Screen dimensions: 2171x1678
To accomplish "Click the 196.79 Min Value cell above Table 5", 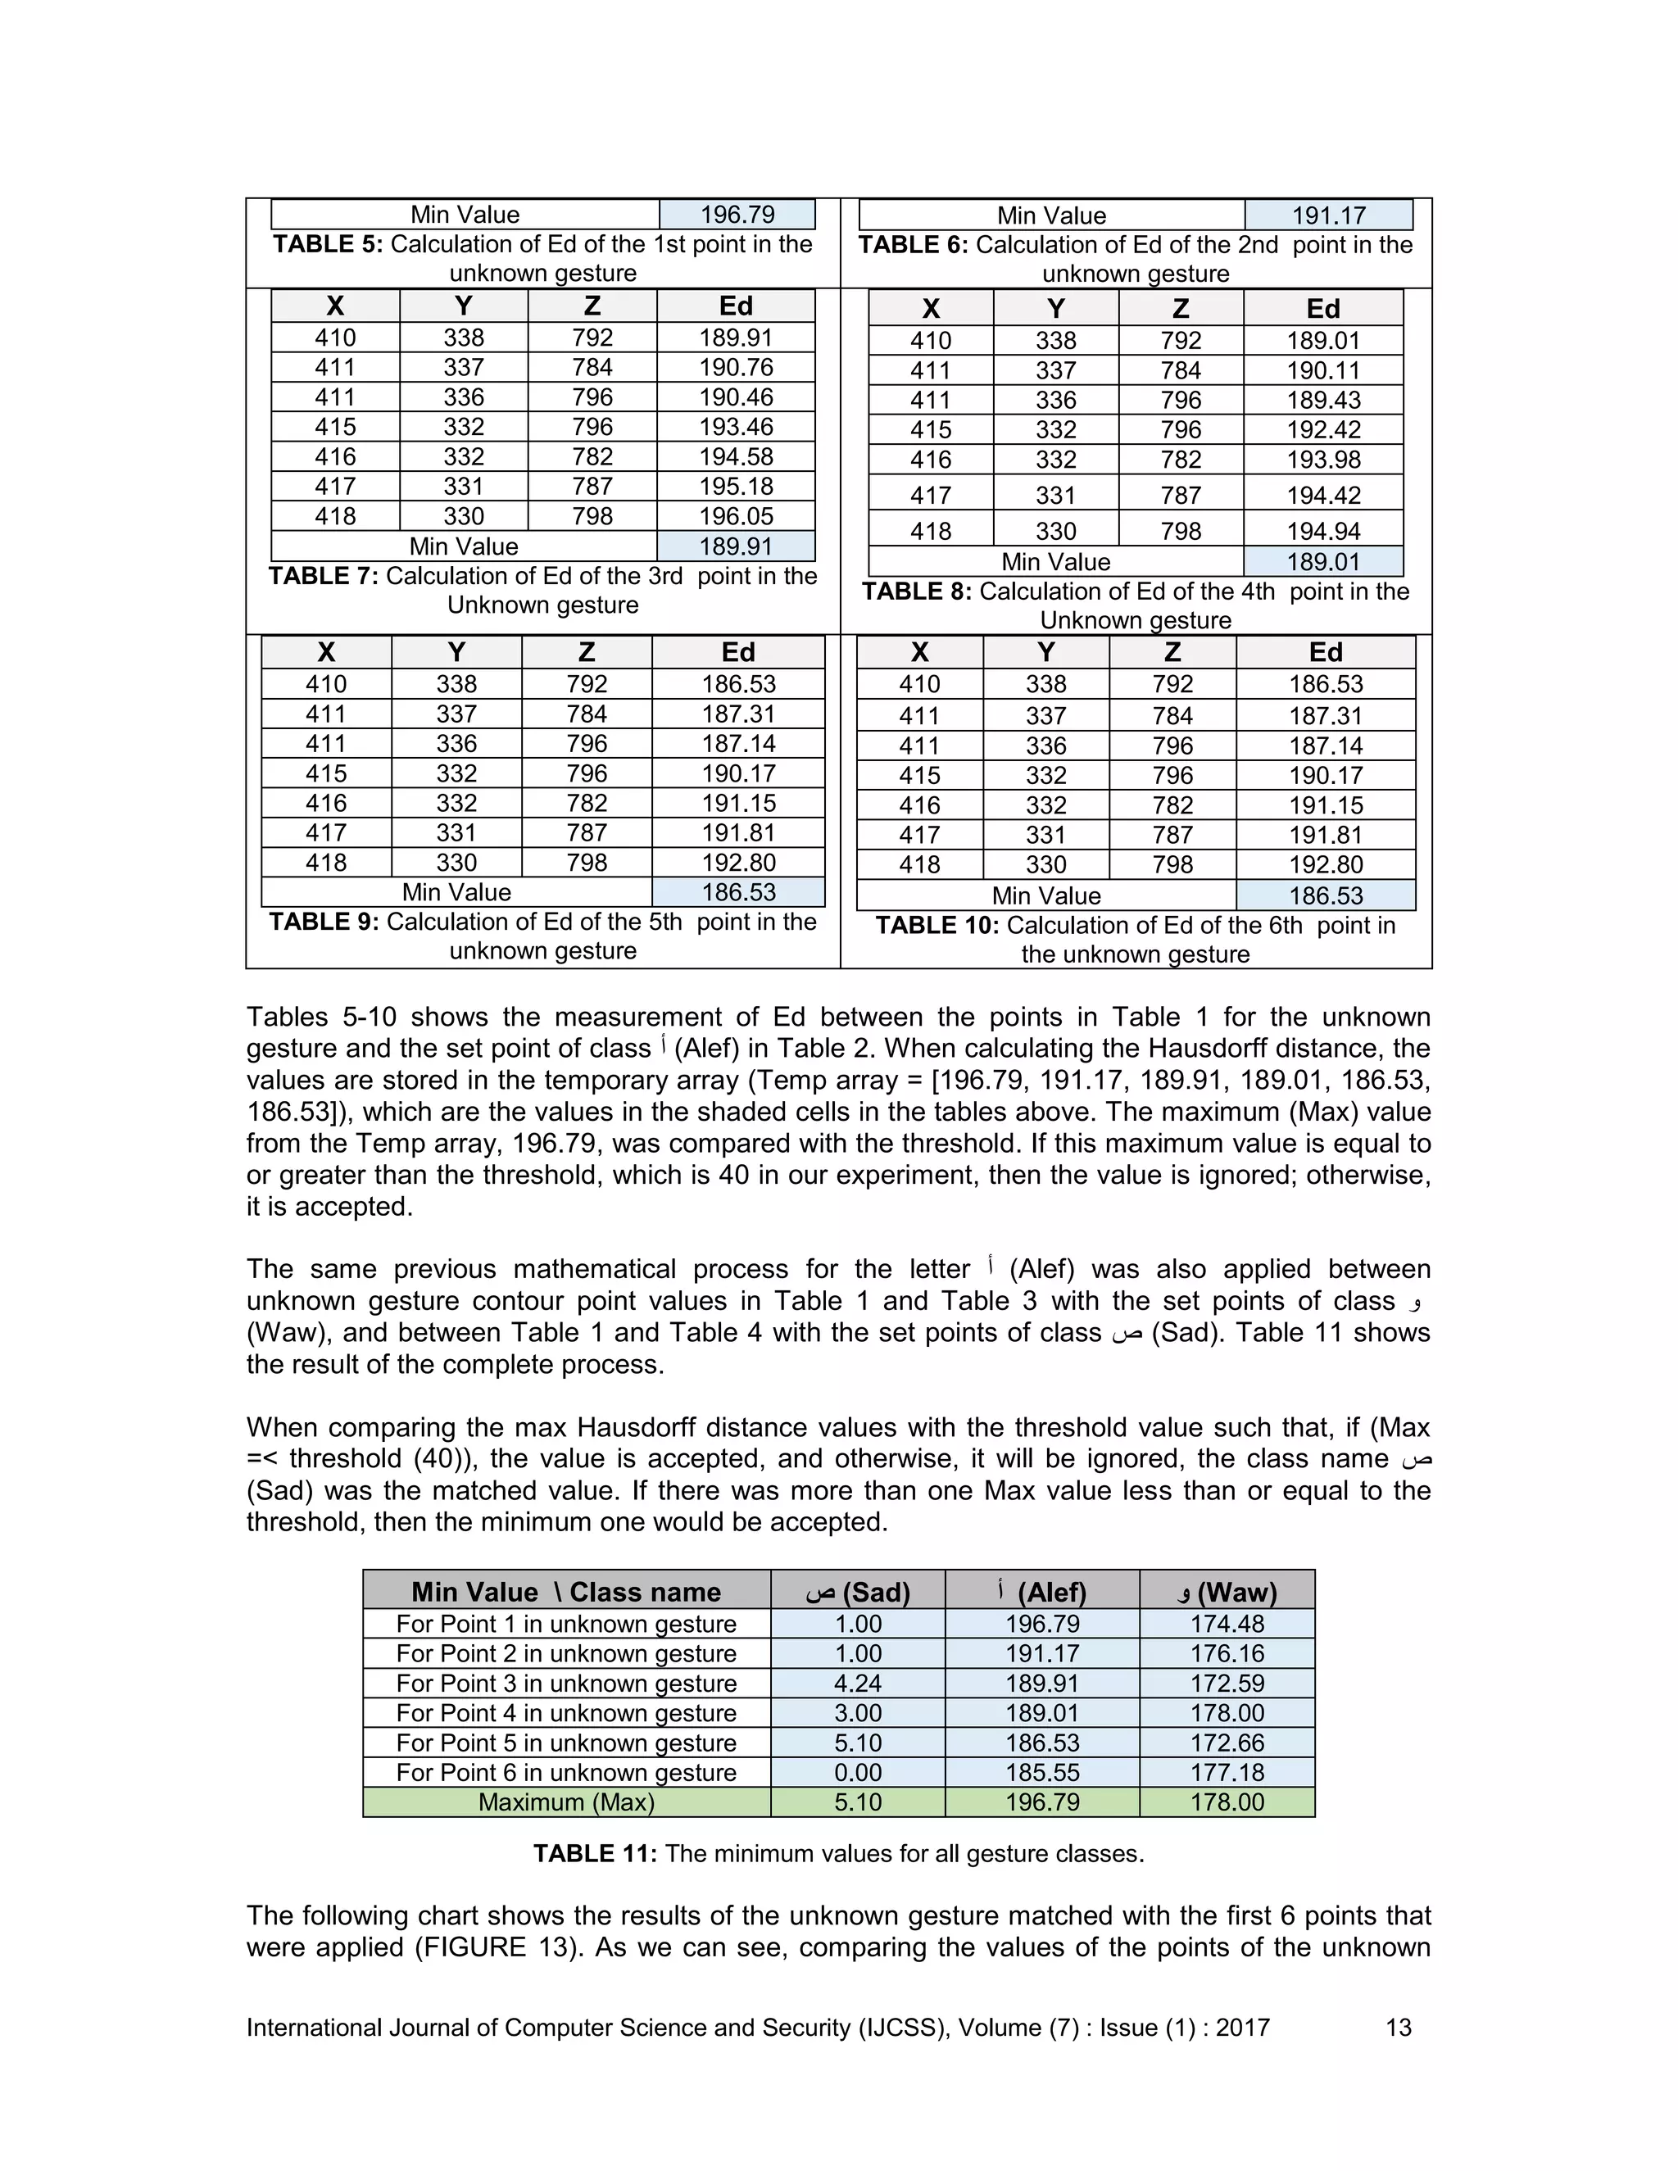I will coord(737,215).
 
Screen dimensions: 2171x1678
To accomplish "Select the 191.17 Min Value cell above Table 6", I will coord(1328,215).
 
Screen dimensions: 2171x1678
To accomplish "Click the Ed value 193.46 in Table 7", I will coord(736,427).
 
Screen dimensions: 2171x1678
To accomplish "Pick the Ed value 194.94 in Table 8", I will coord(1322,531).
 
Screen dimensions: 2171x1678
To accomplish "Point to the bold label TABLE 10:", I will coord(937,926).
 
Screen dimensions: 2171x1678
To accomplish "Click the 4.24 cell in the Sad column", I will coord(857,1683).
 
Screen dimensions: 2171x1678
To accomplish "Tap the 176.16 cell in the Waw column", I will coord(1227,1653).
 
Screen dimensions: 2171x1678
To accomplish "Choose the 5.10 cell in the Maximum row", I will coord(857,1802).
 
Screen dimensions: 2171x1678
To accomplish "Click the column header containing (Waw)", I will coord(1227,1593).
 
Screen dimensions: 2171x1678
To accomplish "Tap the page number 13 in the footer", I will coord(1398,2028).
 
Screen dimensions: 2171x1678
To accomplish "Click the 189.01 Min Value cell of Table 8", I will coord(1322,562).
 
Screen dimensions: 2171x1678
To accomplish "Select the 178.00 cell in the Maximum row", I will coord(1227,1802).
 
